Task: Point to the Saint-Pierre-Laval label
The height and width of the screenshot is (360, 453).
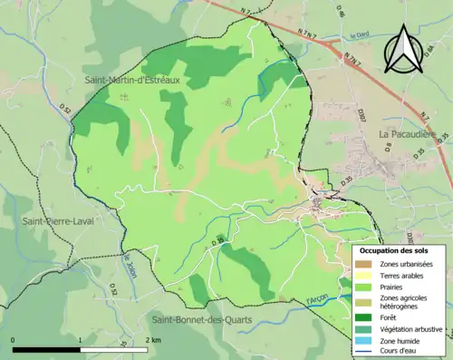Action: tap(58, 220)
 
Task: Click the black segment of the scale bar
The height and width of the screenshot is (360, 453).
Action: tap(46, 349)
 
